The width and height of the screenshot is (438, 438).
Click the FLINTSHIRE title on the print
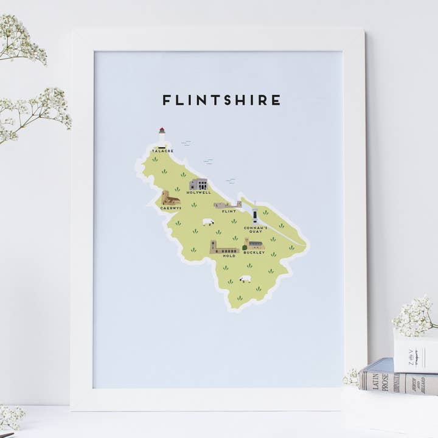click(x=221, y=100)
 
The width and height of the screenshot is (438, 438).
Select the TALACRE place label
click(x=162, y=150)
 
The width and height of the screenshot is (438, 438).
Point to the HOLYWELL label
click(x=198, y=192)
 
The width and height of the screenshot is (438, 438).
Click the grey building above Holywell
click(x=198, y=184)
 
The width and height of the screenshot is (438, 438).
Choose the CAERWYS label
click(x=170, y=208)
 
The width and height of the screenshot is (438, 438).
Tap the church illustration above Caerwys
click(x=170, y=198)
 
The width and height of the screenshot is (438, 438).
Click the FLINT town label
click(x=229, y=212)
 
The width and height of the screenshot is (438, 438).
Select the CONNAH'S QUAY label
click(x=255, y=229)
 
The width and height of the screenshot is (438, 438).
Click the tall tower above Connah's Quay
click(x=255, y=215)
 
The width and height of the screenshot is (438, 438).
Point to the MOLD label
click(x=229, y=255)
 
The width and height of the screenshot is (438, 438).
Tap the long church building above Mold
click(x=223, y=248)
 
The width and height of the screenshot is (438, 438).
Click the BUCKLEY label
click(x=254, y=252)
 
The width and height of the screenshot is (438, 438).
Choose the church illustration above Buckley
click(x=254, y=245)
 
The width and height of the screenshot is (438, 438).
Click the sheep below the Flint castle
click(x=208, y=222)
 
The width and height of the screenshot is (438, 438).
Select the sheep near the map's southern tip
click(x=245, y=279)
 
